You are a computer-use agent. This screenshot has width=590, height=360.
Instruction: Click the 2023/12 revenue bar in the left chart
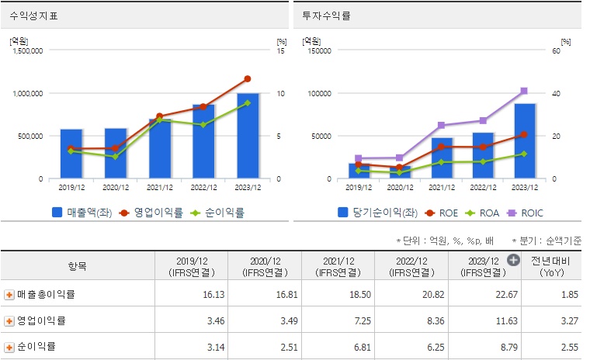point(248,136)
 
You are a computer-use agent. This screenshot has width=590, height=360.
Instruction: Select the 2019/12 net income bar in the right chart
point(359,171)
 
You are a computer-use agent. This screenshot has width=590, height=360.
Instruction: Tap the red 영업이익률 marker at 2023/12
point(248,78)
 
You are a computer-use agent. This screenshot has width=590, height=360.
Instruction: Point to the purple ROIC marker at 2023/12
point(524,91)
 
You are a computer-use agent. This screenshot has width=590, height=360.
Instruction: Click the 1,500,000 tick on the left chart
point(26,50)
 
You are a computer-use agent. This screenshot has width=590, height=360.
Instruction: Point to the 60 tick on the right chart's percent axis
point(555,50)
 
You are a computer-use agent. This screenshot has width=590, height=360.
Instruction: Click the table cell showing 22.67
point(487,295)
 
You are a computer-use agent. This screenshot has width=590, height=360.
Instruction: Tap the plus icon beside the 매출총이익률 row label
point(9,295)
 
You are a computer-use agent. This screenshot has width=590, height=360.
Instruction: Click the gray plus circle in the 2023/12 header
point(513,260)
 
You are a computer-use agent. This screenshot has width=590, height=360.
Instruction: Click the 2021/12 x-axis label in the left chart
point(159,186)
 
